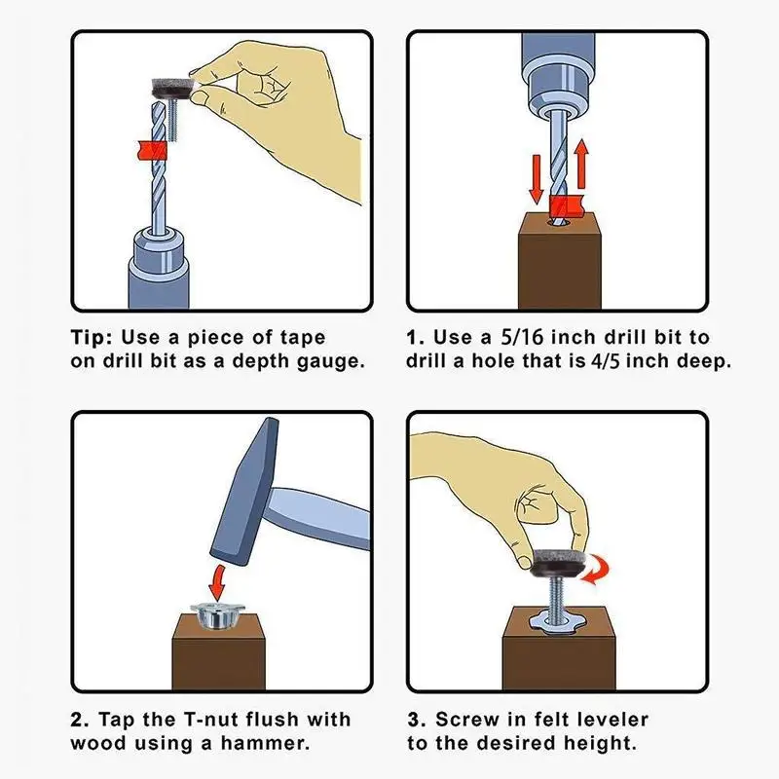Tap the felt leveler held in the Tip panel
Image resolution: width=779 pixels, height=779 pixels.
171,89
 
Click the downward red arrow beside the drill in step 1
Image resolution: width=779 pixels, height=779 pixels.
537,180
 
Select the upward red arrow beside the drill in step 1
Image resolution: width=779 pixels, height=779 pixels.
581,164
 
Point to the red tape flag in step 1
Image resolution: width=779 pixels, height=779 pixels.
566,206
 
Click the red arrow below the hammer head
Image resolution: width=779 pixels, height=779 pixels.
217,582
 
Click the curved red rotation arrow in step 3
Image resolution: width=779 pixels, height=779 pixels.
596,568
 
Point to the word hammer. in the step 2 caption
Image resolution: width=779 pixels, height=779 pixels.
265,743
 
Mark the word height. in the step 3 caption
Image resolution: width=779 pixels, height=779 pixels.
600,743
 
